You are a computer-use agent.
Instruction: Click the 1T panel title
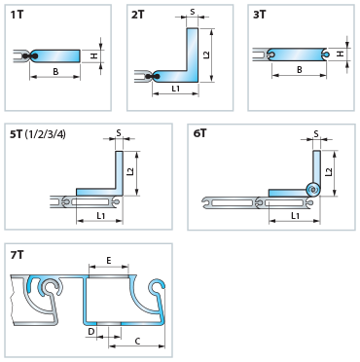pos(17,15)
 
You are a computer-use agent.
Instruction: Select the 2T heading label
pos(138,15)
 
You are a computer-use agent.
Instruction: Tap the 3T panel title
pos(260,15)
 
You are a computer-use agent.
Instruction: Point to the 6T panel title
pos(199,133)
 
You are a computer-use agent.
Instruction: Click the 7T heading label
pos(18,255)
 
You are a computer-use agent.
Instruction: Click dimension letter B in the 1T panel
pos(55,71)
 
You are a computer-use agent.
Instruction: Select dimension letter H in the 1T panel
pos(93,56)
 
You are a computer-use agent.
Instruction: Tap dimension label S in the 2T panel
pos(193,12)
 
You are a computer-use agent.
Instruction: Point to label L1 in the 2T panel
pos(176,89)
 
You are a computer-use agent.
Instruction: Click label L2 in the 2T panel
pos(206,54)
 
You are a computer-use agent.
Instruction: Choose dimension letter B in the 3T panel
pos(299,70)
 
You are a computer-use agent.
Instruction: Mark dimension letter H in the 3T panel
pos(340,54)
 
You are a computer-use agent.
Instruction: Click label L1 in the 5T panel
pos(101,216)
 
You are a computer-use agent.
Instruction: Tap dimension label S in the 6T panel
pos(316,133)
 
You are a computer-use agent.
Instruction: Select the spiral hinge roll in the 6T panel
pos(313,189)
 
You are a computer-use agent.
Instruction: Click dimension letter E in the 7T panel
pos(109,261)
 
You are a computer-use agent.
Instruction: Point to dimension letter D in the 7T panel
pos(91,332)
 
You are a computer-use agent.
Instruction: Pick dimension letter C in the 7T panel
pos(137,341)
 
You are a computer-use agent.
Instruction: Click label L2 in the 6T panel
pos(329,171)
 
